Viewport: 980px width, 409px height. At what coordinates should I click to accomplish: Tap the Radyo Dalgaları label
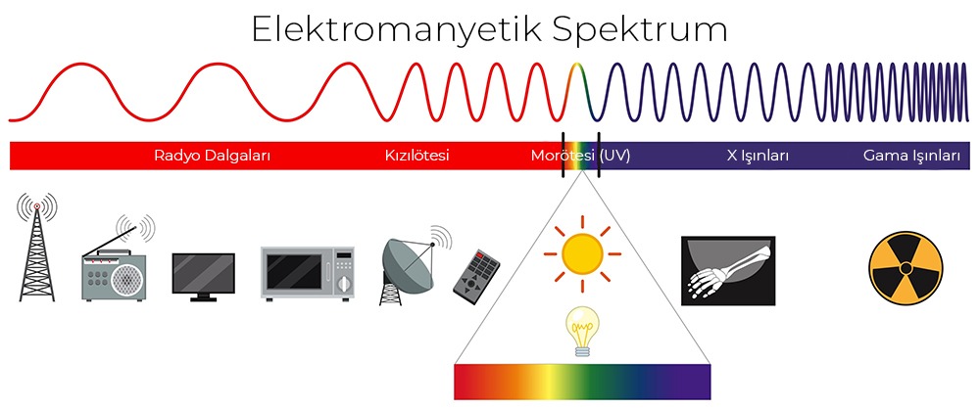coord(213,156)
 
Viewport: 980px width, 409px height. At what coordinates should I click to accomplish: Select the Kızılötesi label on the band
coord(416,156)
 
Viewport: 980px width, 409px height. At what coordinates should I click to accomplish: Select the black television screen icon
coord(204,272)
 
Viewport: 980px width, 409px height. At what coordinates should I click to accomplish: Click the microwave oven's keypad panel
coord(343,273)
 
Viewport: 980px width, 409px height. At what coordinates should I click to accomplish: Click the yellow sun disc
coord(582,253)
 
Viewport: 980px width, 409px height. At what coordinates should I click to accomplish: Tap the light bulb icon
coord(583,331)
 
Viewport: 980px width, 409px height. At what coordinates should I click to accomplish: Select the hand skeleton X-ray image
coord(727,269)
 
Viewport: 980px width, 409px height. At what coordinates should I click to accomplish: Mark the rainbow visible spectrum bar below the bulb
coord(582,381)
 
